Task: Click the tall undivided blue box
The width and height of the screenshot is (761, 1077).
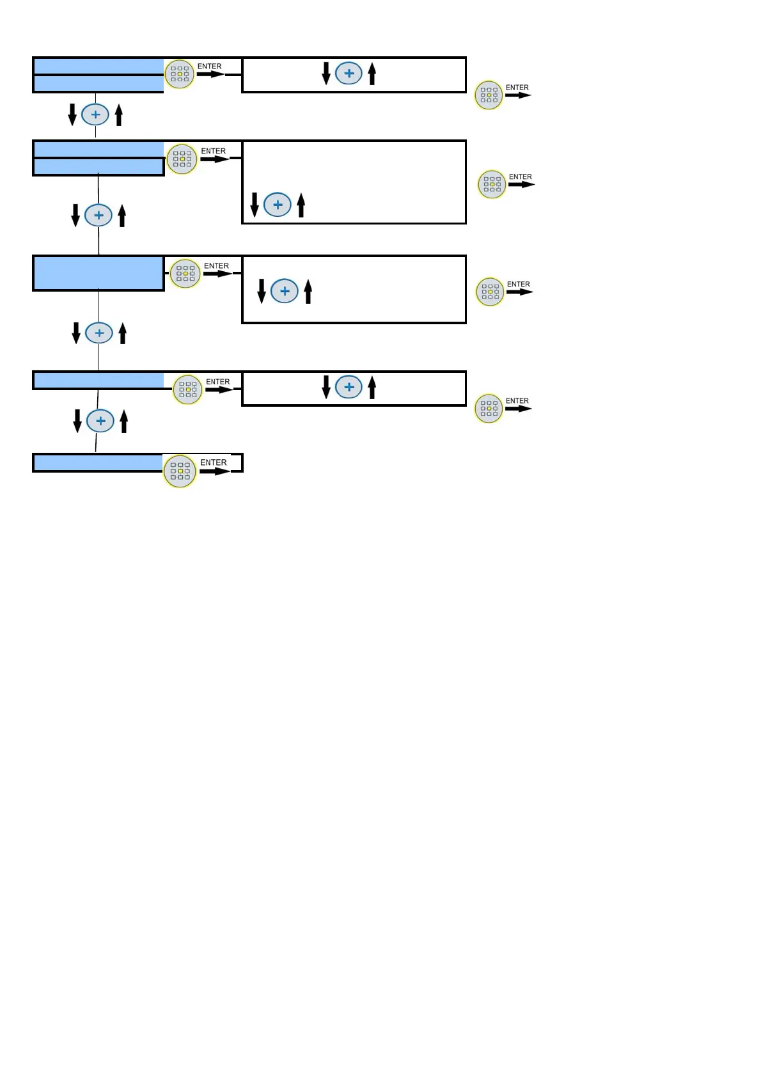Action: coord(98,273)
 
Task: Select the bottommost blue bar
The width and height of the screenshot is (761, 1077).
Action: coord(98,462)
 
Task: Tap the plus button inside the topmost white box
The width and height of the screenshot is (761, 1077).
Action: coord(349,74)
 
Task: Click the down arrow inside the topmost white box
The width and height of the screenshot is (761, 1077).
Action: coord(326,74)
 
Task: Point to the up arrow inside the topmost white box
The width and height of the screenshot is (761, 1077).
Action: coord(372,74)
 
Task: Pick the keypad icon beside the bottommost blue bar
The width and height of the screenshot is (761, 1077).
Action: coord(180,471)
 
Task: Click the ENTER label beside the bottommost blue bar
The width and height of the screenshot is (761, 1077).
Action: coord(214,462)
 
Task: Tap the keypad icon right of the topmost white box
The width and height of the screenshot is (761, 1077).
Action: coord(489,95)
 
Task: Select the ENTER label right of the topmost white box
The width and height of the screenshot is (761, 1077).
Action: coord(517,88)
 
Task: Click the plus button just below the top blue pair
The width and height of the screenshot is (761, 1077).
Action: coord(95,115)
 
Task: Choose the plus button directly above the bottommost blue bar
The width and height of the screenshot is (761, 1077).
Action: coord(100,421)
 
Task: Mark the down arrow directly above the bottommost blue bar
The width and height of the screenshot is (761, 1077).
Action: coord(77,421)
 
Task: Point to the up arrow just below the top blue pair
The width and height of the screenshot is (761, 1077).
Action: coord(119,115)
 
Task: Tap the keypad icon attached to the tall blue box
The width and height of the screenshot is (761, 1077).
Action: coord(185,274)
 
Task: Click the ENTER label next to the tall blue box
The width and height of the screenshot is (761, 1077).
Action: coord(216,266)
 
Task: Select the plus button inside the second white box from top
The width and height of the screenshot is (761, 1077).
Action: coord(278,205)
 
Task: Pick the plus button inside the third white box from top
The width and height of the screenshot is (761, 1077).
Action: coord(285,291)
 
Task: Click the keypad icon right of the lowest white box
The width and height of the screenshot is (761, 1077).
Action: coord(489,409)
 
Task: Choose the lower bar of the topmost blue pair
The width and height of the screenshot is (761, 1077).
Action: coord(98,84)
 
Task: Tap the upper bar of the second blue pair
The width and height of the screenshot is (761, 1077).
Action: coord(98,149)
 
